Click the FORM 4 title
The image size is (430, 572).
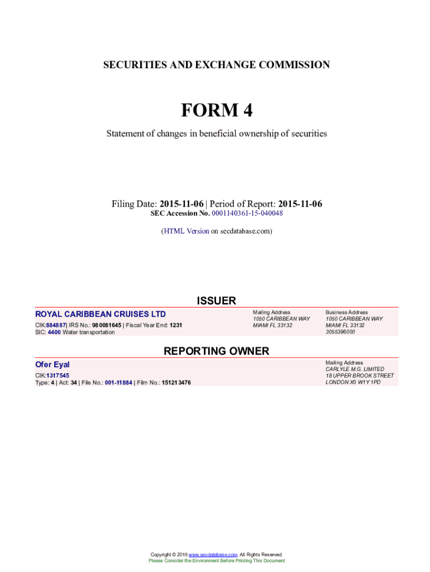[x=216, y=111]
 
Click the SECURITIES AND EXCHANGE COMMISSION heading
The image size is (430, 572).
[x=216, y=65]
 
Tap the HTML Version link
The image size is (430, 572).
[x=186, y=231]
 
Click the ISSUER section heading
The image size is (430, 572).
[x=216, y=301]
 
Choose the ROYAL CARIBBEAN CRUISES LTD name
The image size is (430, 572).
[x=101, y=314]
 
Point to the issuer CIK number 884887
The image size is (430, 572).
[x=56, y=325]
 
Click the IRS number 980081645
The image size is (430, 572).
[x=106, y=325]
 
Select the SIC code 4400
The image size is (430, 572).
[x=54, y=332]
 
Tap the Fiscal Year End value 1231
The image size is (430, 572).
[x=176, y=325]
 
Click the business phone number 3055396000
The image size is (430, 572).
[x=340, y=332]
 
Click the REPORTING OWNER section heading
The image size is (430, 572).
[x=216, y=351]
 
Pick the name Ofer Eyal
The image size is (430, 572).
[x=52, y=364]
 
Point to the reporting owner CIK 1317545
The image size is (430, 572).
[x=58, y=375]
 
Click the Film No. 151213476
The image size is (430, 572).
[x=176, y=383]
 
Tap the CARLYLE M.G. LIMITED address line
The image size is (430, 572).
[x=355, y=369]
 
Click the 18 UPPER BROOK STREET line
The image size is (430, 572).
[x=359, y=376]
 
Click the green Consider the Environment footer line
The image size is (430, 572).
[x=216, y=561]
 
